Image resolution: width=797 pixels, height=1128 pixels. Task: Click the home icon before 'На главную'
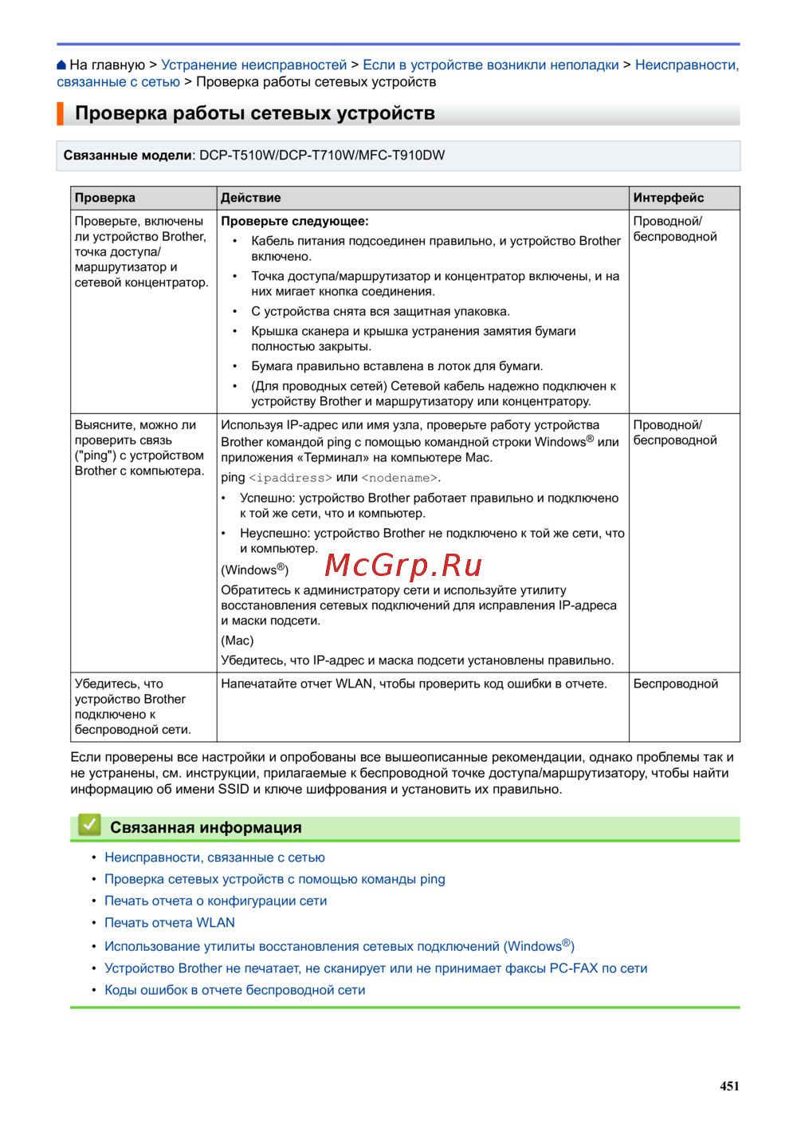[x=61, y=65]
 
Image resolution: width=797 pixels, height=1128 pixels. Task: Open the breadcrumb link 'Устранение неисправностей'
[x=253, y=65]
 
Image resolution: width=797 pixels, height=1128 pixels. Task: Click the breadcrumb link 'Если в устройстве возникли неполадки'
[x=490, y=65]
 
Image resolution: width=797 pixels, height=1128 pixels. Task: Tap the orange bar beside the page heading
[x=60, y=113]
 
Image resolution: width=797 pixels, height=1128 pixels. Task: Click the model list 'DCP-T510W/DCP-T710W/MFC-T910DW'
[x=322, y=156]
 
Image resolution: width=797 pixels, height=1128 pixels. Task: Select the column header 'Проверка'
[x=105, y=198]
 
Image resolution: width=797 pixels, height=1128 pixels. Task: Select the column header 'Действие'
[x=251, y=198]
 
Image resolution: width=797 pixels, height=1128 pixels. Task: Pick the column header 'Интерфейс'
[x=669, y=198]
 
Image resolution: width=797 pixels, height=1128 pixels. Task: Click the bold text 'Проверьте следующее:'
[x=295, y=221]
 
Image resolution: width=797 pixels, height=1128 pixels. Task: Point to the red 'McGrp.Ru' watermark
[x=403, y=565]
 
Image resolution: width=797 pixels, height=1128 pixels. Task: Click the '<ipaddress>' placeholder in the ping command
[x=290, y=478]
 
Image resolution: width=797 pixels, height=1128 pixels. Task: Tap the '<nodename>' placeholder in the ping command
[x=399, y=478]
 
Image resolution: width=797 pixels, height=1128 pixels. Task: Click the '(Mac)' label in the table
[x=238, y=641]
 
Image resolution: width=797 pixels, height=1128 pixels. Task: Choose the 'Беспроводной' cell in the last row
[x=676, y=684]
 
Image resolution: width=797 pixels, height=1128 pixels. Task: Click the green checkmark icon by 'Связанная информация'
[x=89, y=825]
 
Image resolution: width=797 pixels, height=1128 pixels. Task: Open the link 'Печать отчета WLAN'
[x=170, y=922]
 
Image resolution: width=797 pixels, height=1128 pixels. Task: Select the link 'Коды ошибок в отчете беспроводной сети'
[x=235, y=990]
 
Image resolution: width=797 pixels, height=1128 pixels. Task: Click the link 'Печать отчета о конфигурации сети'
[x=216, y=901]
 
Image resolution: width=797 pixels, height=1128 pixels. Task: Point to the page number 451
[x=729, y=1086]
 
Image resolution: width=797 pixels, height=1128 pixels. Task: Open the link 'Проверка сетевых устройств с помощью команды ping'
[x=275, y=879]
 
